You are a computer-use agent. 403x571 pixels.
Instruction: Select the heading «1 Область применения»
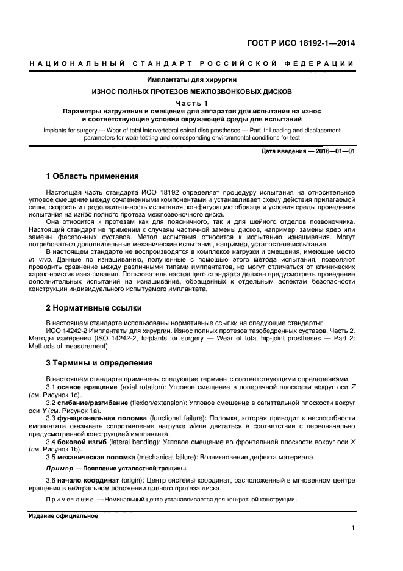point(93,176)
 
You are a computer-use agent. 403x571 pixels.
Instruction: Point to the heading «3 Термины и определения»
point(99,363)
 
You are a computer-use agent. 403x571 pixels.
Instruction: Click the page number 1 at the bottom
point(353,528)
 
